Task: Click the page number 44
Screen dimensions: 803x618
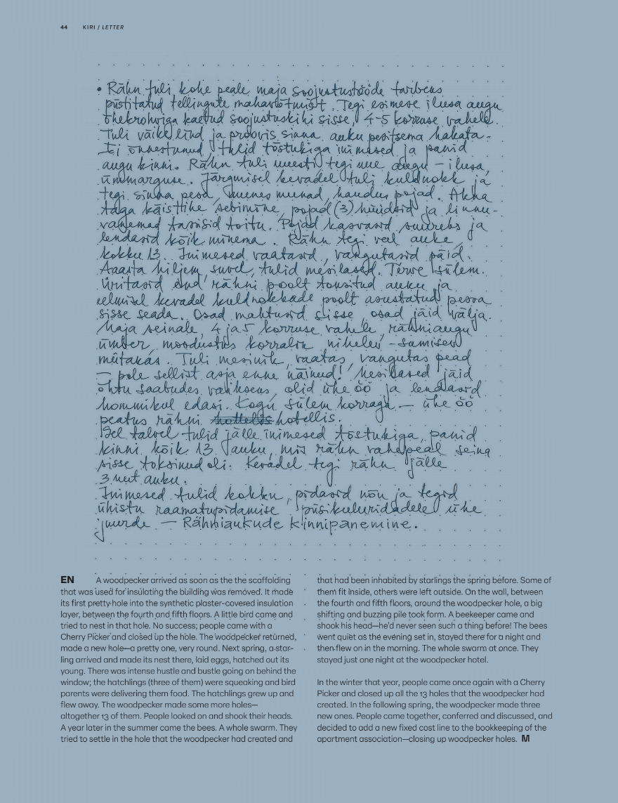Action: point(63,27)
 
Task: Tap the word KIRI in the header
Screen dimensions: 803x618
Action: point(89,27)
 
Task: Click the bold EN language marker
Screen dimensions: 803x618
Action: point(67,580)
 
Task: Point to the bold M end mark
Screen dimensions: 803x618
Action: point(525,739)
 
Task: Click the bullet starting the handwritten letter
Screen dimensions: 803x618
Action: point(100,91)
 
